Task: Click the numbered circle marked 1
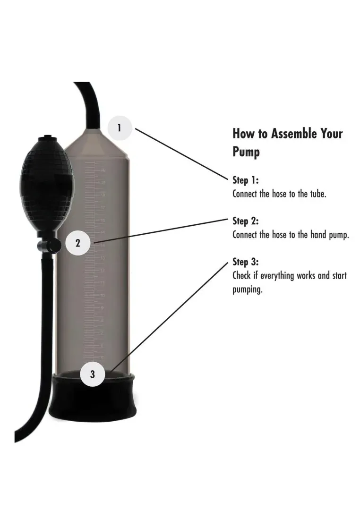pyautogui.click(x=120, y=127)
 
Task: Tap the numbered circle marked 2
pyautogui.click(x=78, y=244)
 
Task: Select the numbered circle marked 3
pyautogui.click(x=92, y=374)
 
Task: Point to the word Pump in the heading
pyautogui.click(x=246, y=153)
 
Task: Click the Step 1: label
pyautogui.click(x=246, y=180)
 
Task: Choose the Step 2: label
pyautogui.click(x=246, y=221)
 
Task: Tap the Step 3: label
pyautogui.click(x=246, y=262)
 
